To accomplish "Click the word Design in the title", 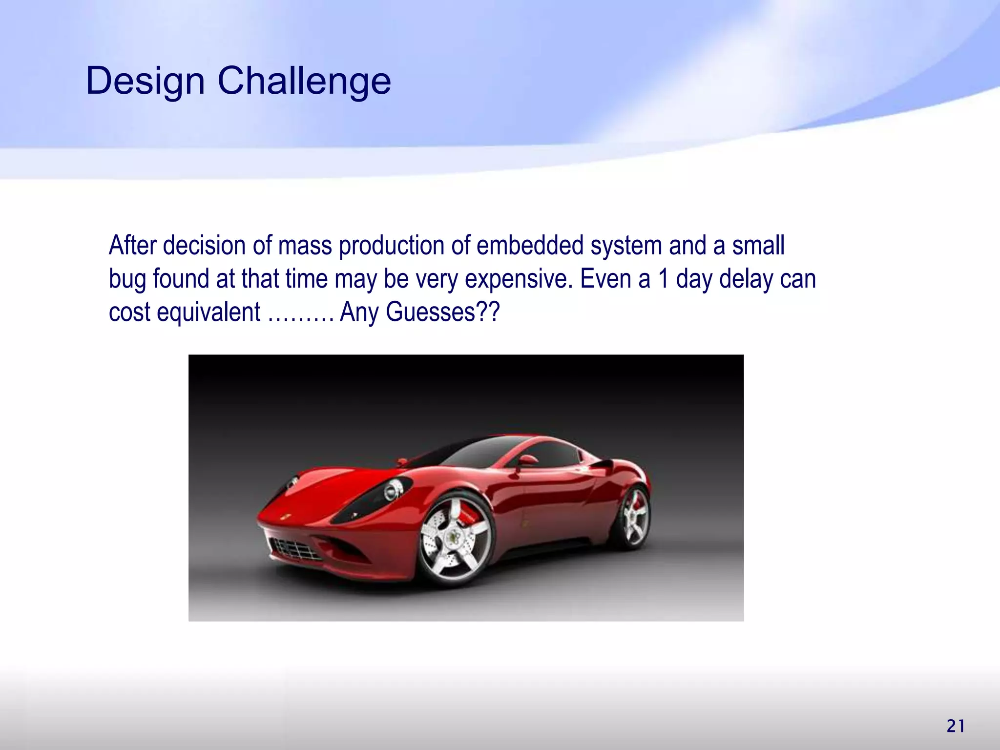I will click(145, 81).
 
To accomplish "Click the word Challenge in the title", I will click(304, 81).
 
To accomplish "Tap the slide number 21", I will click(956, 726).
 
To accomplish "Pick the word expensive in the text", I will click(518, 280).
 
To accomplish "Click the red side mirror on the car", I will click(527, 460).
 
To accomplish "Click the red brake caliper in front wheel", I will click(468, 513).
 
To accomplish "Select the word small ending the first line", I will click(758, 246).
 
